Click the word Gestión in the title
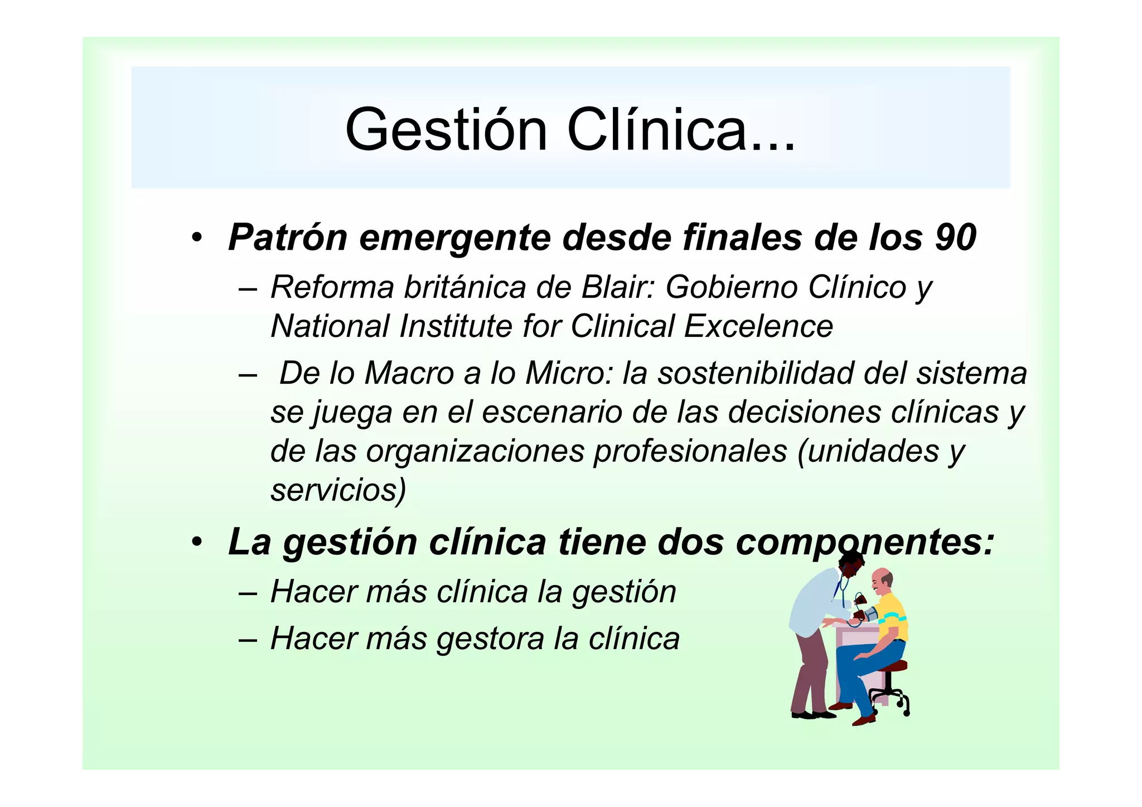(x=446, y=129)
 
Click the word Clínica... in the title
(x=681, y=129)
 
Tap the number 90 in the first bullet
(x=955, y=238)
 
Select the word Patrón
(x=288, y=238)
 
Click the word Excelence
(x=758, y=326)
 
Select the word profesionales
(x=690, y=451)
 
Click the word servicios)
(x=338, y=490)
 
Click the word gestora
(x=490, y=639)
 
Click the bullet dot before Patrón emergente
(x=196, y=239)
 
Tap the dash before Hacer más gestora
(x=247, y=639)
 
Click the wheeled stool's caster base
(x=891, y=699)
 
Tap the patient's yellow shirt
(x=892, y=616)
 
